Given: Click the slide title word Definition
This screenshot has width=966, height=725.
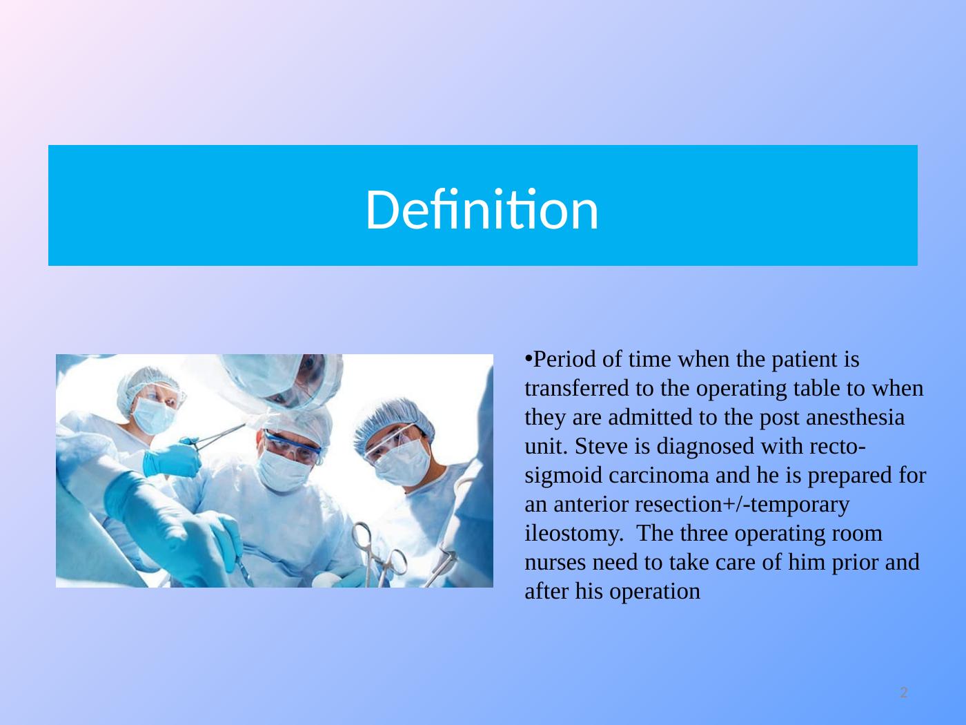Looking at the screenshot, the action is coord(482,209).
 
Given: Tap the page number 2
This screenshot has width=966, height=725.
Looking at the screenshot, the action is coord(903,693).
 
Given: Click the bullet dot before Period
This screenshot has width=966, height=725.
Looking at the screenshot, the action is coord(529,358).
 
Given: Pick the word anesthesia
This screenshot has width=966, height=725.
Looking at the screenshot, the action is coord(856,417).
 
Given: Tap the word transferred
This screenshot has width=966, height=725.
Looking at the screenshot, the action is coord(577,388).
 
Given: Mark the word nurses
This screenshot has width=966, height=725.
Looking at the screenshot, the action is coord(555,563).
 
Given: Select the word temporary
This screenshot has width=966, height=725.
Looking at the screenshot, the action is coord(800,505).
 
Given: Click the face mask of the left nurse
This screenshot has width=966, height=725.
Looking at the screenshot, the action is coord(154,414).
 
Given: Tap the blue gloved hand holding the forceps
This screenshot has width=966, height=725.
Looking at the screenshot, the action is coord(172,460).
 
